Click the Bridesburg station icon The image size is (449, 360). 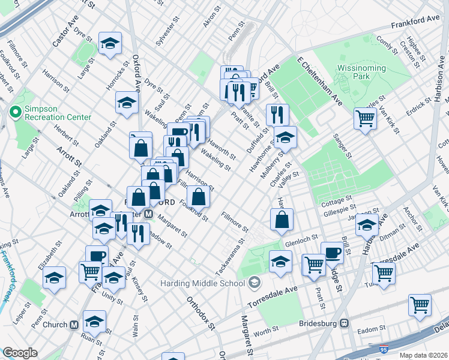(x=345, y=323)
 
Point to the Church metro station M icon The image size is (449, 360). (x=74, y=325)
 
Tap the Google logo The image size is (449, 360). (x=20, y=353)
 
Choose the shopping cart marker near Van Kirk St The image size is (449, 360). (x=365, y=118)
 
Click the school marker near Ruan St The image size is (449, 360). (x=94, y=321)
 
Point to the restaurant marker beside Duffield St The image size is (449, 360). (x=277, y=114)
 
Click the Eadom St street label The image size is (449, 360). (x=371, y=329)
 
